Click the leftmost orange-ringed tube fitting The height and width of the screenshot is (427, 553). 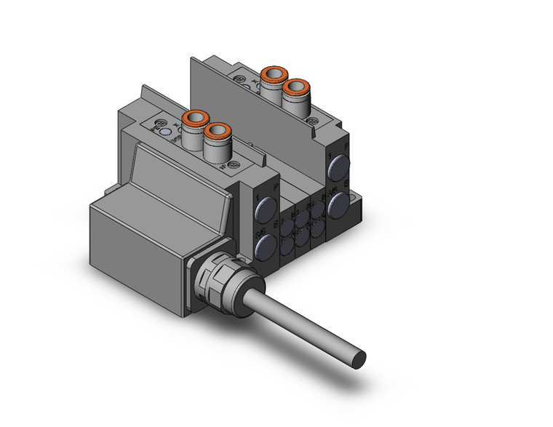point(196,118)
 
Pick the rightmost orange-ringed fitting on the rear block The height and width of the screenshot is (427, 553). point(294,87)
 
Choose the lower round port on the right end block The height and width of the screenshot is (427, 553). point(338,203)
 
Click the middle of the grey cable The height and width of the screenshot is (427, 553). point(298,321)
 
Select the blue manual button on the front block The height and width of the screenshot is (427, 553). point(167,133)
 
